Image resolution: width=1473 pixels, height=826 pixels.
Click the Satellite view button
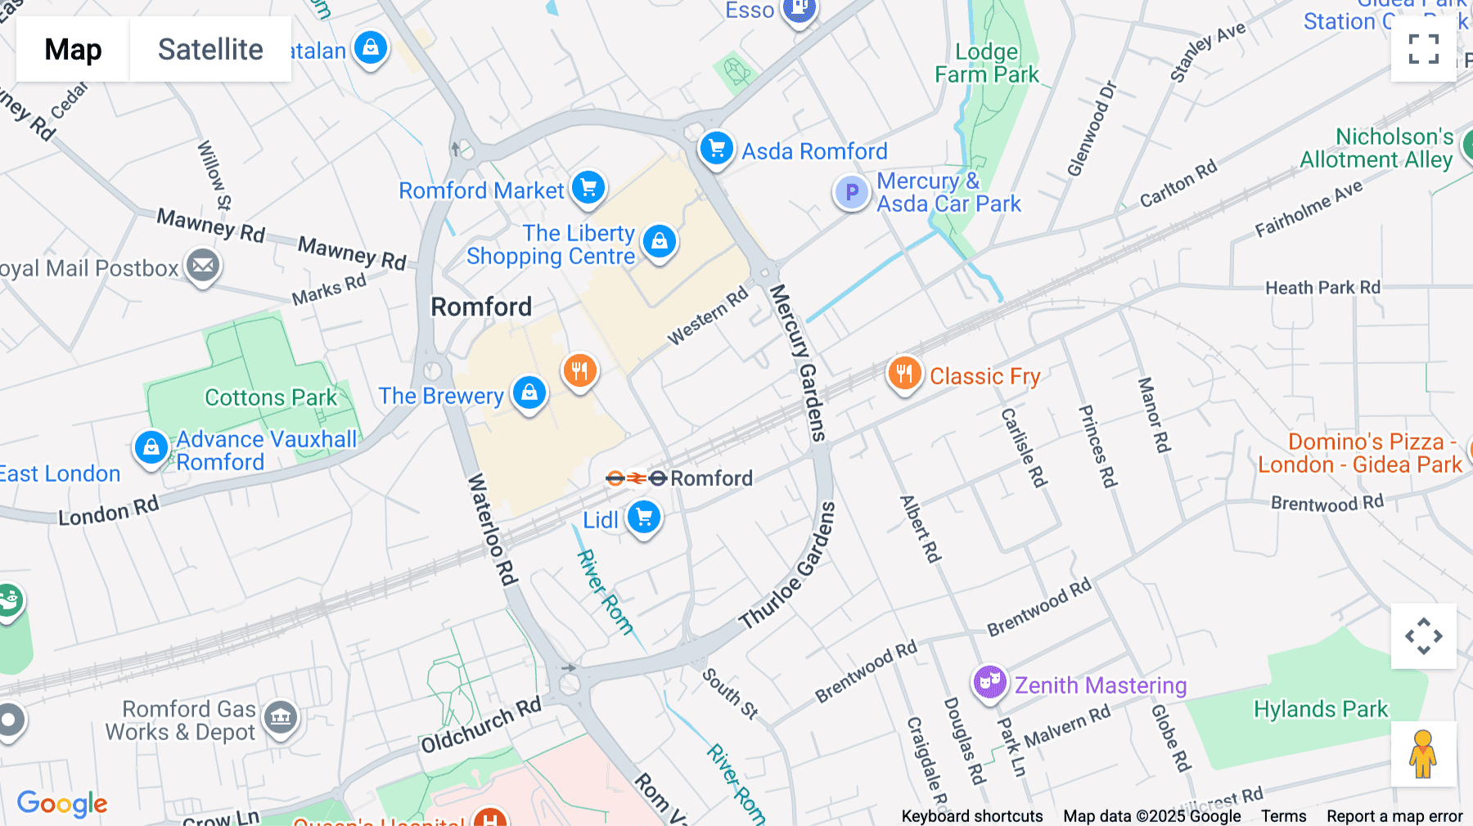point(210,49)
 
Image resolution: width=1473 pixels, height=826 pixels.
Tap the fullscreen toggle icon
point(1423,49)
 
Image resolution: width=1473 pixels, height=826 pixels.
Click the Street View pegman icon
point(1423,753)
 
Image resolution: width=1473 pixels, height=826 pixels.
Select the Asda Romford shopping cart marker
point(717,149)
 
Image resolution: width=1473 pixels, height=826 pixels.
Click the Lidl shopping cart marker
point(644,518)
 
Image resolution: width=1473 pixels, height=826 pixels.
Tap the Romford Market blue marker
point(588,188)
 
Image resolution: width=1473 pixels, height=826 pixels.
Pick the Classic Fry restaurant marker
point(904,374)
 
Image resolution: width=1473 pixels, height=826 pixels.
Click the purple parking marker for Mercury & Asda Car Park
point(852,193)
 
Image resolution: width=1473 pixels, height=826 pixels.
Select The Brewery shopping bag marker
point(529,393)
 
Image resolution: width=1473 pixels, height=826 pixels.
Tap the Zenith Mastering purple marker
point(989,681)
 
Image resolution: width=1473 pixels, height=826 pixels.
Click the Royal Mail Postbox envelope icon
point(203,266)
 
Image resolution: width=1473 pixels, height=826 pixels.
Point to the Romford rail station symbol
point(636,478)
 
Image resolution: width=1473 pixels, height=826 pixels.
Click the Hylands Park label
point(1320,709)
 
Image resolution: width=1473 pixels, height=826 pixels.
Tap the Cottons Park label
point(270,397)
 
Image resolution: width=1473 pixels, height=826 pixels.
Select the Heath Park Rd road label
point(1322,288)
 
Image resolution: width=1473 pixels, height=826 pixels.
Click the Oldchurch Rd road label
point(481,725)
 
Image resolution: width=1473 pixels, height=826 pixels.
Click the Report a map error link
point(1394,816)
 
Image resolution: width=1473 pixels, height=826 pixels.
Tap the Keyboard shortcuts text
point(971,816)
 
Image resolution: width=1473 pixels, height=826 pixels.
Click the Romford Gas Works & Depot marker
point(281,717)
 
